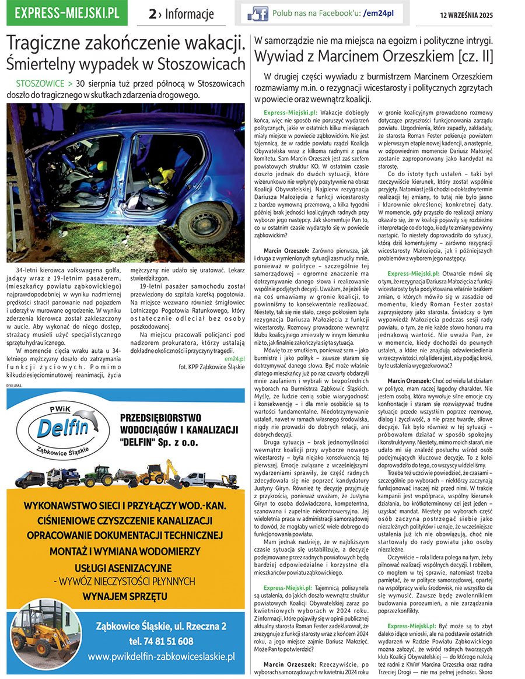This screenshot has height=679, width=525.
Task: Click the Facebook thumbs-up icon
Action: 257,13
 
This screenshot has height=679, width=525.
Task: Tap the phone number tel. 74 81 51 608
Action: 161,641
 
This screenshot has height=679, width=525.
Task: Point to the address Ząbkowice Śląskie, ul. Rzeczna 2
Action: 161,626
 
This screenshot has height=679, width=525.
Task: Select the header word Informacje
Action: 189,14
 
